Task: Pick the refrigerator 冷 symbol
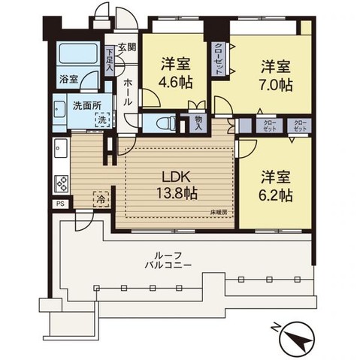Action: point(99,200)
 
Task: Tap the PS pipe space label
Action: point(59,203)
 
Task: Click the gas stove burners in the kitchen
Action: point(61,183)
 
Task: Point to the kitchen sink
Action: point(60,150)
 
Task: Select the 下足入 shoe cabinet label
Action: point(110,61)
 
